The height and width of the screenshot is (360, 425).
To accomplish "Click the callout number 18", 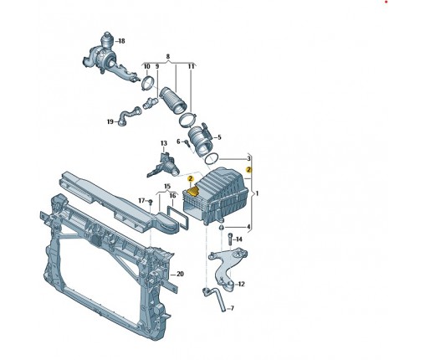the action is (x=121, y=41).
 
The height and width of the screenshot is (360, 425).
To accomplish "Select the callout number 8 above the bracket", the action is (x=168, y=57).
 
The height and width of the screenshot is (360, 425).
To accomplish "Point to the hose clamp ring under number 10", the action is (x=147, y=82).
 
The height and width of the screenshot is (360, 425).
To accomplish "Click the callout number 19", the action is (x=110, y=121).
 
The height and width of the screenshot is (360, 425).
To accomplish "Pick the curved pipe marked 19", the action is (x=128, y=116).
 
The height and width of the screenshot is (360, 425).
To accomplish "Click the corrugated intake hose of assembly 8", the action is (x=172, y=102).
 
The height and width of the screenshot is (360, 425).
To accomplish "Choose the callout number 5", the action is (x=219, y=137).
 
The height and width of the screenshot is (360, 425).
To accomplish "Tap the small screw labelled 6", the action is (x=187, y=144).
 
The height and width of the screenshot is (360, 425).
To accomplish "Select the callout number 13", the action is (x=164, y=143).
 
